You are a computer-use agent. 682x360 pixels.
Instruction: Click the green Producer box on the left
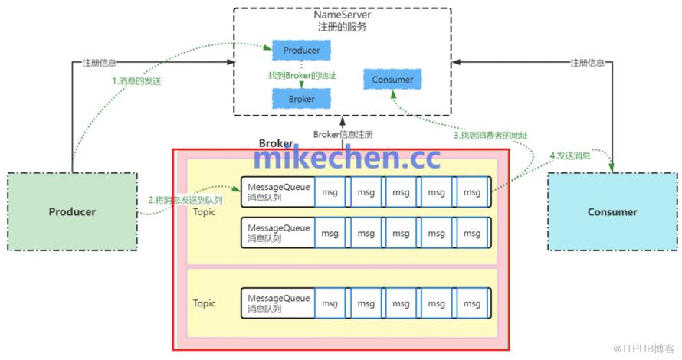coord(73,211)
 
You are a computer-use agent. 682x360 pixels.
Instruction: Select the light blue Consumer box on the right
coord(612,211)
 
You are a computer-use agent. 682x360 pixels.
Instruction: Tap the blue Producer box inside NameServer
coord(301,51)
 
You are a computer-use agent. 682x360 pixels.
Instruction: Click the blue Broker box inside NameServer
coord(301,99)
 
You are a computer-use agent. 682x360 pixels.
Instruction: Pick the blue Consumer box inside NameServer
coord(392,80)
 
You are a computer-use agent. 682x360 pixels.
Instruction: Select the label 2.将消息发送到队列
coord(185,201)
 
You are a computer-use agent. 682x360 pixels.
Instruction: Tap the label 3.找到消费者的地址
coord(491,136)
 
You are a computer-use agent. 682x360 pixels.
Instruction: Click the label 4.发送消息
coord(570,155)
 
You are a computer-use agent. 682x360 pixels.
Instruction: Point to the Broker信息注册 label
coord(343,135)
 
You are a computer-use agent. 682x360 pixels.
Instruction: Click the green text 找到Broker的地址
coord(303,75)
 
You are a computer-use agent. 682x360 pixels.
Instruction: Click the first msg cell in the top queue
coord(330,192)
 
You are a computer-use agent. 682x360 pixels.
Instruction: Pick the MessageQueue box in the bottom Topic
coord(278,303)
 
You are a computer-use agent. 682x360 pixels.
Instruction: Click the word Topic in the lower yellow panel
coord(205,303)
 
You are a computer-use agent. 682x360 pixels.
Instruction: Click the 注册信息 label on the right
coord(588,62)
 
